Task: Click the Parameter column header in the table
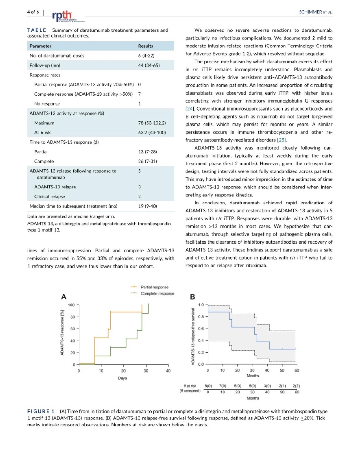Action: [40, 46]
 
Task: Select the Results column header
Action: [145, 46]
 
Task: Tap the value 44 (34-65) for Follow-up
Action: [149, 65]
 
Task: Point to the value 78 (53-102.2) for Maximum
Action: [152, 123]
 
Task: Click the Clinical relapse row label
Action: [50, 196]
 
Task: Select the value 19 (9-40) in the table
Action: [148, 206]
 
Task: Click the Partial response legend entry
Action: [154, 287]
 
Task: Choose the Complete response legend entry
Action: [157, 294]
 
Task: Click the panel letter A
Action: [63, 297]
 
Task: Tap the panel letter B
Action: [192, 297]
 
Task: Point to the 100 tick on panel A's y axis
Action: [71, 305]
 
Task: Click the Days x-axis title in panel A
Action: [122, 378]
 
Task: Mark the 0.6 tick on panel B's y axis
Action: [201, 329]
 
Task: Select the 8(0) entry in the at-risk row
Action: [208, 386]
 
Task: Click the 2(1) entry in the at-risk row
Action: [282, 386]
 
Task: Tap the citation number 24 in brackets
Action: [190, 109]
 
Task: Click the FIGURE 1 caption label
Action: [41, 411]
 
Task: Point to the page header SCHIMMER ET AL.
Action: [315, 12]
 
